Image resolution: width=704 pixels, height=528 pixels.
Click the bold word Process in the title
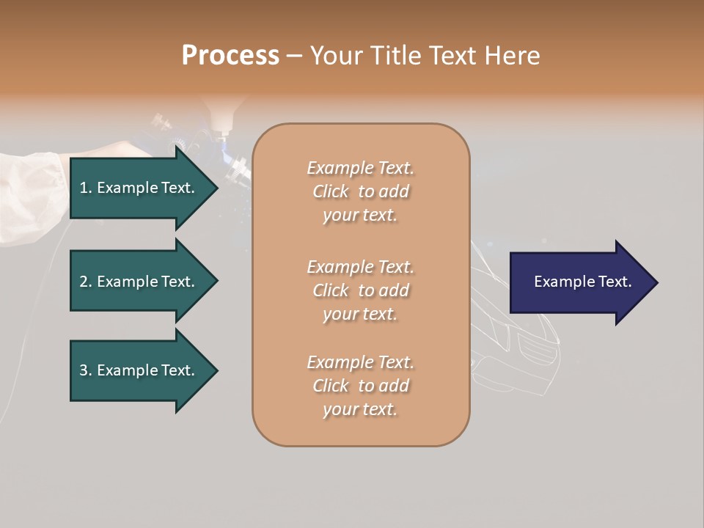[x=230, y=56]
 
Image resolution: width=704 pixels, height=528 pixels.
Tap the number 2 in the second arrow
[x=84, y=282]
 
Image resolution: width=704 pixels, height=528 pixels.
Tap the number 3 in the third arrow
[x=84, y=370]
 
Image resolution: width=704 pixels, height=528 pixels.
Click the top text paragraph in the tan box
[x=360, y=191]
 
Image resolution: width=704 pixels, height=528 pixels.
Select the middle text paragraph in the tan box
[x=360, y=290]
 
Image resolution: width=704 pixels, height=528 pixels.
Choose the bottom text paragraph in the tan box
[x=360, y=386]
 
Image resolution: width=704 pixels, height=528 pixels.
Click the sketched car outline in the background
[x=513, y=345]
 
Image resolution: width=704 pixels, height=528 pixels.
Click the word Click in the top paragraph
[x=331, y=191]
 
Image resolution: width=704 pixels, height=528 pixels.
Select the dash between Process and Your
[x=294, y=56]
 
